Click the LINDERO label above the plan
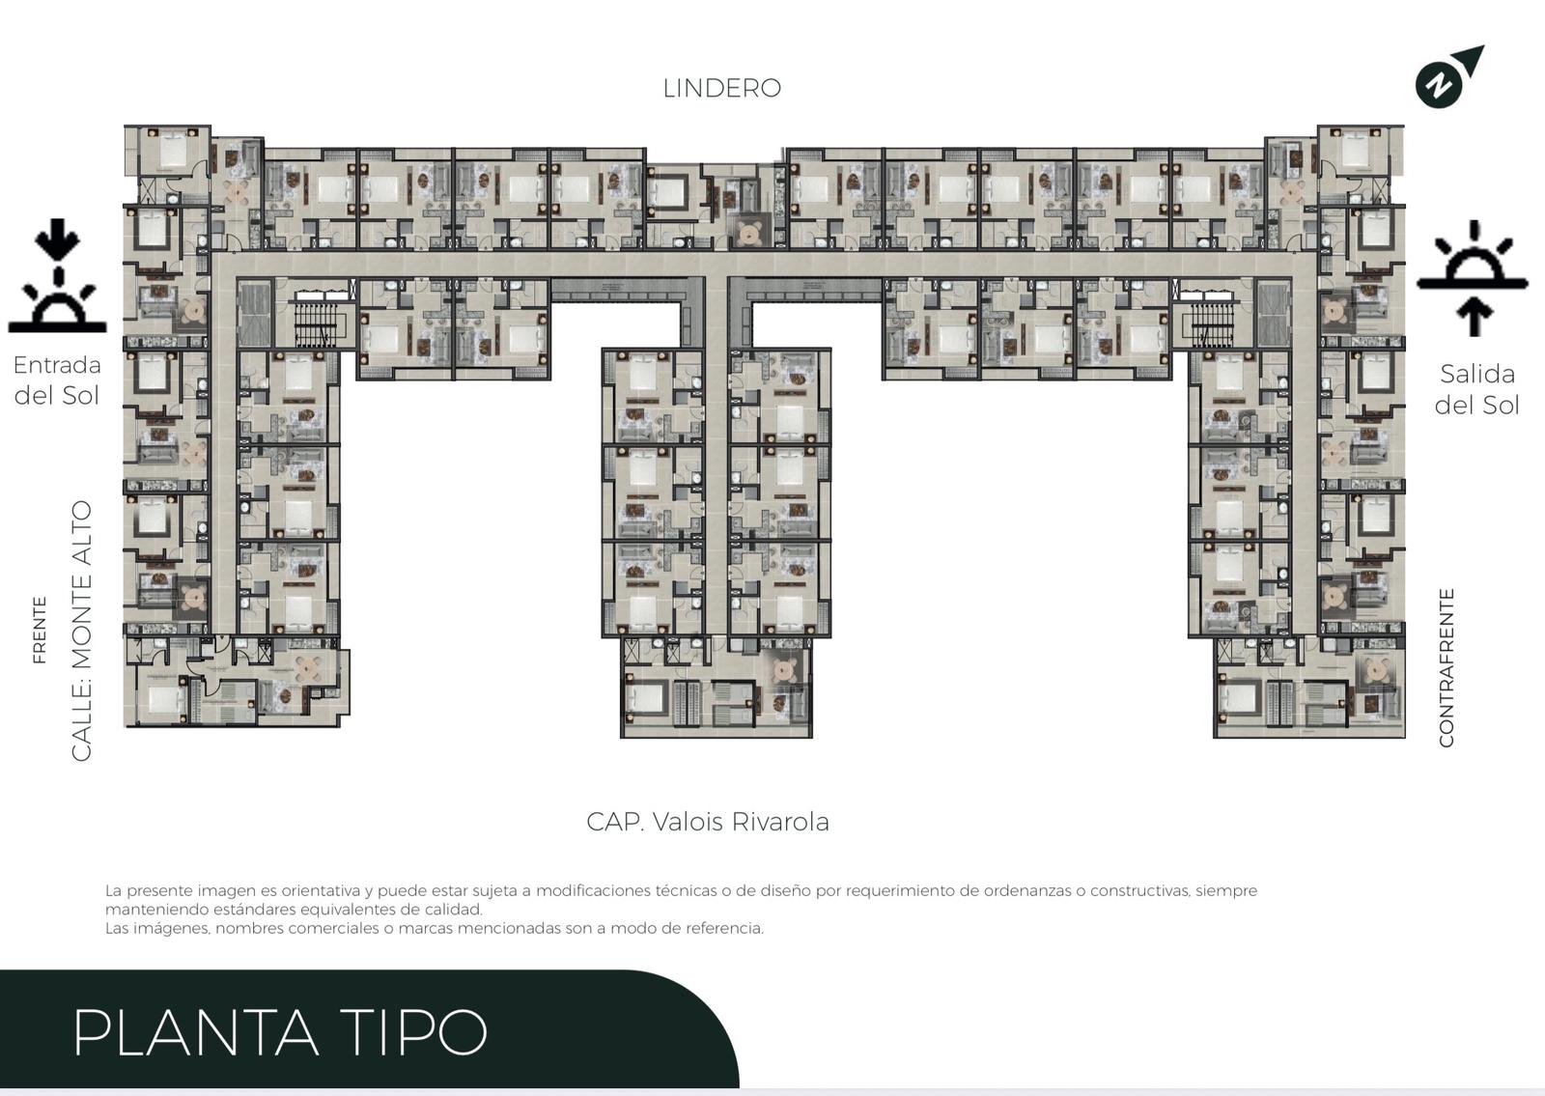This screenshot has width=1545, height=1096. [x=721, y=88]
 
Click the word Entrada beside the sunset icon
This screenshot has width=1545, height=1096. [x=57, y=365]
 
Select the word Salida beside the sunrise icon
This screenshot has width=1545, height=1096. [x=1476, y=374]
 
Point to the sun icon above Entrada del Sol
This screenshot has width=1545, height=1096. [x=57, y=305]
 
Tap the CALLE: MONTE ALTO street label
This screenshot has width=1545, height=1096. [x=81, y=631]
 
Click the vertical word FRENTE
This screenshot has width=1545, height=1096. [x=40, y=630]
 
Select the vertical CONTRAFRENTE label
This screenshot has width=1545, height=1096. [x=1446, y=667]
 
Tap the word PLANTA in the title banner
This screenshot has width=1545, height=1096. [x=195, y=1032]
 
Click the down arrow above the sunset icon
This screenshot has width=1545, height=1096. [x=58, y=239]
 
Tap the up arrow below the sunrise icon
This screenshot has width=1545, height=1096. [x=1474, y=317]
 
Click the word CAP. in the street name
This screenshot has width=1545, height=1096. [x=615, y=822]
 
